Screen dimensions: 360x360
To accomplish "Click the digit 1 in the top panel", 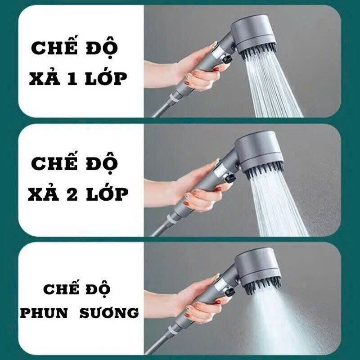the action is click(x=72, y=79).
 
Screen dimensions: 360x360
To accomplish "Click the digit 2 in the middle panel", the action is click(x=72, y=195).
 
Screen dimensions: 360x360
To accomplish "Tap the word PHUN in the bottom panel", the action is click(x=44, y=313).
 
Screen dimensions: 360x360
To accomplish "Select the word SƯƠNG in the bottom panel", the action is click(x=109, y=312).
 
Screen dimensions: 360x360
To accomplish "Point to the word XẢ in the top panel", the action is click(x=45, y=77).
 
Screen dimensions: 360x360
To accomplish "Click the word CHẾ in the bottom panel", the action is click(x=61, y=288).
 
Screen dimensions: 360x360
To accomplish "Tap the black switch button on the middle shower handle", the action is click(x=230, y=178).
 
